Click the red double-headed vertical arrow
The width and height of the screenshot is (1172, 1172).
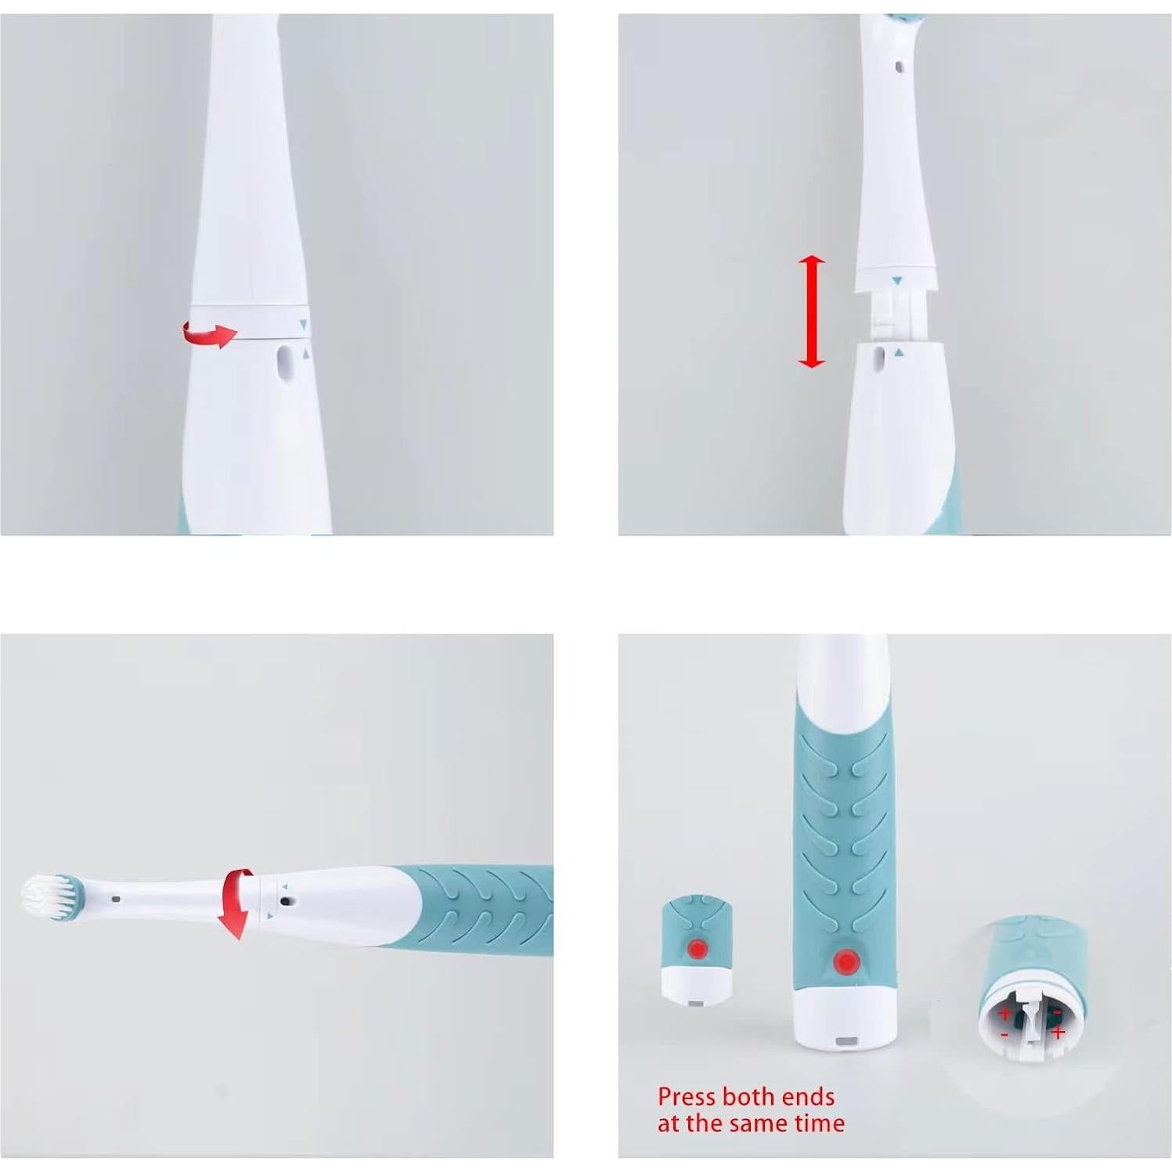click(811, 311)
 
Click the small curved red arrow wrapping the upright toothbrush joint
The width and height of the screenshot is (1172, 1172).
click(209, 334)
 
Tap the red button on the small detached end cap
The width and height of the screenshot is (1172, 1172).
click(697, 949)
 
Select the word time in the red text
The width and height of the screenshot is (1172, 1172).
click(820, 1123)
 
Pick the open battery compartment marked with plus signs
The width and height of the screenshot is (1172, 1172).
click(1032, 1020)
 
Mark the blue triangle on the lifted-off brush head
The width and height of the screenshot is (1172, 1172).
click(897, 279)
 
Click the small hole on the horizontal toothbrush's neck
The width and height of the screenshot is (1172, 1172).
click(116, 900)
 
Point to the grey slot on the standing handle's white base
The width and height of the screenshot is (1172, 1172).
click(846, 1042)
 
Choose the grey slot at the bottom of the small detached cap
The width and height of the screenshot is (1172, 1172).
click(694, 1001)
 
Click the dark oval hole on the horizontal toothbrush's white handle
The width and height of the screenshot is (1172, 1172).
click(284, 901)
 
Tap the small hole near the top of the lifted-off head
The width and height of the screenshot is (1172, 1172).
click(898, 67)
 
